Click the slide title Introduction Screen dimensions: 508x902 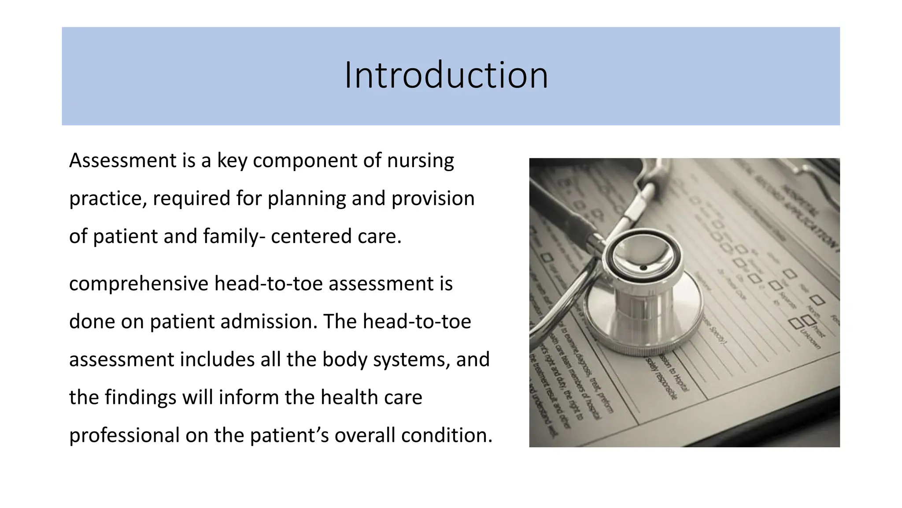coord(446,76)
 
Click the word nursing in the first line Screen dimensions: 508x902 coord(420,161)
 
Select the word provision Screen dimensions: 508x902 coord(433,199)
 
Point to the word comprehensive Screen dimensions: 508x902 coord(138,284)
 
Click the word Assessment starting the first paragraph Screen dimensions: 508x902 coord(123,161)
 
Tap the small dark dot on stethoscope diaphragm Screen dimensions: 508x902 coord(643,268)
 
